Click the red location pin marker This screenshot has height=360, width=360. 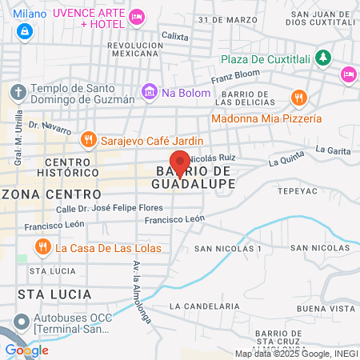click(x=180, y=162)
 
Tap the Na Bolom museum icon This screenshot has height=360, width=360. click(x=149, y=93)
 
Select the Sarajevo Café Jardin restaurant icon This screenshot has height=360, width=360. click(x=90, y=140)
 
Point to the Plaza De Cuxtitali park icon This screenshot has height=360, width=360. click(x=322, y=57)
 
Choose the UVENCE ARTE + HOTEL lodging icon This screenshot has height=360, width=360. click(x=138, y=15)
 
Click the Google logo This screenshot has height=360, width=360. click(x=26, y=350)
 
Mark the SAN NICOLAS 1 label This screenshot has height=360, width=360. click(x=228, y=249)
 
